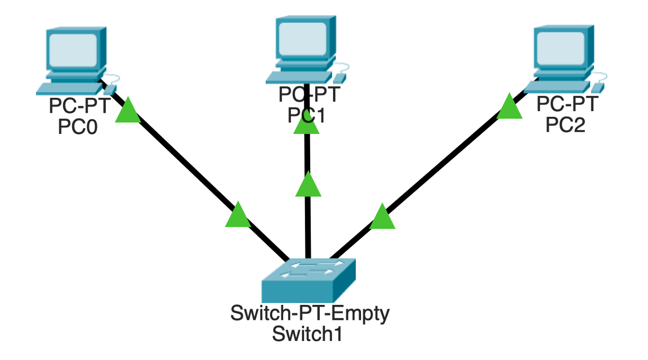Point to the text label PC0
(x=78, y=128)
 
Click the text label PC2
(x=565, y=125)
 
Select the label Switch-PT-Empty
(x=310, y=313)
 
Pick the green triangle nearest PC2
(x=510, y=107)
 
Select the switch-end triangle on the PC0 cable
(x=238, y=215)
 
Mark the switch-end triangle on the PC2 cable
(x=382, y=217)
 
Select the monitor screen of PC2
(x=559, y=48)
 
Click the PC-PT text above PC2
(x=566, y=104)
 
